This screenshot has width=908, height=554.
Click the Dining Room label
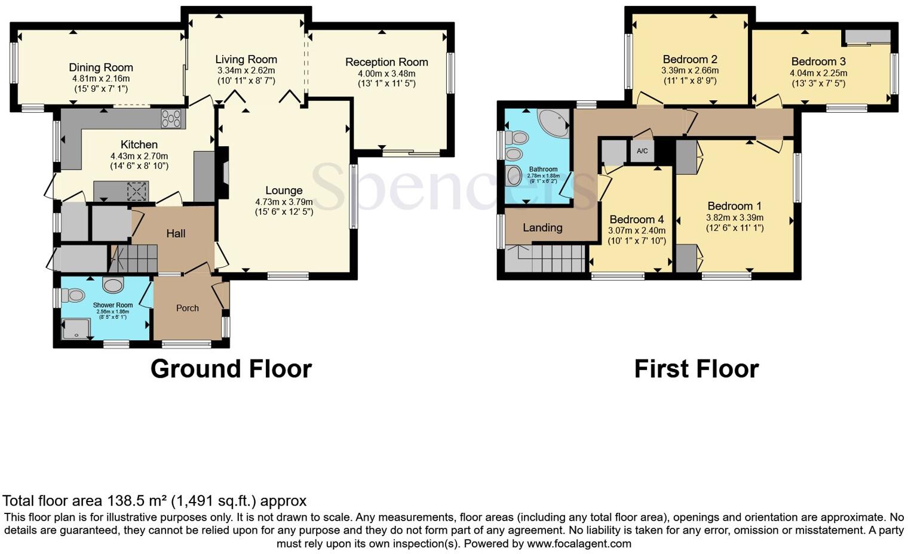(100, 67)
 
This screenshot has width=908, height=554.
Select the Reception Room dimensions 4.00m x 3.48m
(386, 73)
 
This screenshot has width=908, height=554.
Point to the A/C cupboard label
(642, 151)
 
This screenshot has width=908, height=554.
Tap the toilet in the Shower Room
(75, 294)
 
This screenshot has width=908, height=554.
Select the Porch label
(187, 308)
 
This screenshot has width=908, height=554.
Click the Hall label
(176, 233)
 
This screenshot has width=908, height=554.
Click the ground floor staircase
(135, 258)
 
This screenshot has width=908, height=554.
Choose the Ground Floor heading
(231, 369)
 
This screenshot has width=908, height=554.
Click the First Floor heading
(696, 369)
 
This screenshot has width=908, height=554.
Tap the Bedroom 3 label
(818, 61)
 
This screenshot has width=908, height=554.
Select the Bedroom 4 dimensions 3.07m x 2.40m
(636, 230)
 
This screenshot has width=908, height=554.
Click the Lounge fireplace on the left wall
(223, 173)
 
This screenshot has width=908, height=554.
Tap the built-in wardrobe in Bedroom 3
(866, 37)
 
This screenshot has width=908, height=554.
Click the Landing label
(542, 227)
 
